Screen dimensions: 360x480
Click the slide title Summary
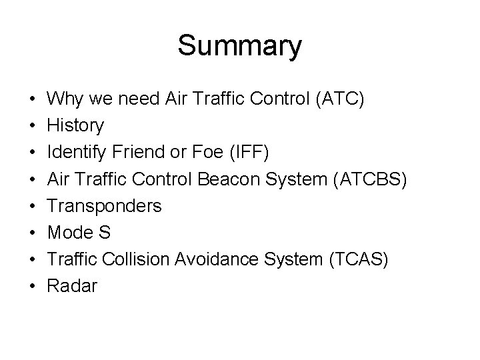click(x=239, y=46)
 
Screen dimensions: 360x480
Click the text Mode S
click(x=81, y=233)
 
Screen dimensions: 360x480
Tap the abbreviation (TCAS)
click(x=357, y=259)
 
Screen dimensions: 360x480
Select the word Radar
click(x=73, y=286)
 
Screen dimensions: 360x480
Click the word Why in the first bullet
click(x=64, y=99)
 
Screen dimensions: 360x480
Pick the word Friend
click(x=133, y=152)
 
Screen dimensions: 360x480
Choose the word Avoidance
click(x=215, y=259)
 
